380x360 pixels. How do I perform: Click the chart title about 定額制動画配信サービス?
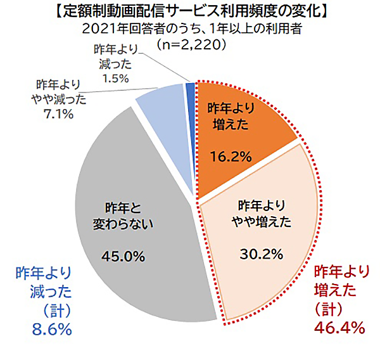click(190, 11)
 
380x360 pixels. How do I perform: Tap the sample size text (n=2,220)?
click(191, 46)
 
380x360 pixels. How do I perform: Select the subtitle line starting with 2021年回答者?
click(190, 29)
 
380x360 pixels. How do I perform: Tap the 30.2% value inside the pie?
click(261, 254)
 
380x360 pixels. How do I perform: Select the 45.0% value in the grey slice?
click(124, 256)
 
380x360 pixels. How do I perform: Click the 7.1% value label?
click(59, 114)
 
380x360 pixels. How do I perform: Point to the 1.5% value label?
click(115, 78)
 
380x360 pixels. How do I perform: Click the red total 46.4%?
click(339, 328)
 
